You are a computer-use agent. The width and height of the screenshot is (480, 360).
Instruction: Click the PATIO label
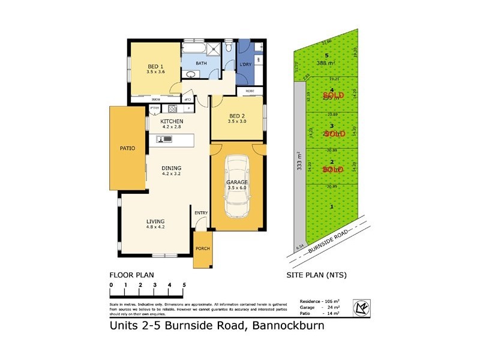click(x=127, y=148)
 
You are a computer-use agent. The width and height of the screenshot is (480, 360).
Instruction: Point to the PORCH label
click(x=202, y=249)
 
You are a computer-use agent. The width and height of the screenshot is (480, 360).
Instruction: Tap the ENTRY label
click(x=200, y=212)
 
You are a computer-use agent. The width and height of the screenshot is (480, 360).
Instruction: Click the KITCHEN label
click(x=172, y=121)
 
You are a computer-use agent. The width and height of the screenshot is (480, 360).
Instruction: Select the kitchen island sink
click(x=164, y=139)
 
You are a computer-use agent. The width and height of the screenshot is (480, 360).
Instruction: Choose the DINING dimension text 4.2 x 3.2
click(x=172, y=174)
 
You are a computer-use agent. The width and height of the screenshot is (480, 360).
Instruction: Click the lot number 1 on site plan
click(x=332, y=207)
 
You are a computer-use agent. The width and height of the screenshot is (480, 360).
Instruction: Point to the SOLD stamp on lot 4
click(x=333, y=95)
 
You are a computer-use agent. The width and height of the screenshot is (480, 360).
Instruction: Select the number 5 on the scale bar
click(x=184, y=284)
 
